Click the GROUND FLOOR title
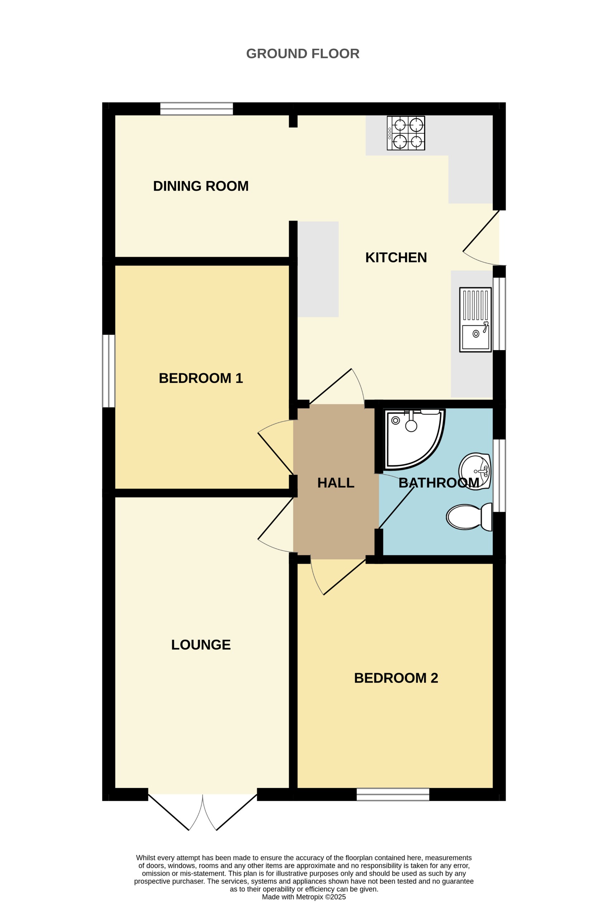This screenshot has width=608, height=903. tap(303, 53)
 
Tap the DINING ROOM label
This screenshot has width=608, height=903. tap(200, 186)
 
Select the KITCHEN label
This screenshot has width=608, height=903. tap(396, 257)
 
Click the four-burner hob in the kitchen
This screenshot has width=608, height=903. tap(405, 133)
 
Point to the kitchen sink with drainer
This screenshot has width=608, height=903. tap(475, 320)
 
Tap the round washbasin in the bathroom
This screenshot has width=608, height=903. tap(475, 471)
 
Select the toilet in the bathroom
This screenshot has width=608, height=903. tap(469, 517)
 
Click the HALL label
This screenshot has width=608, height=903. tap(336, 483)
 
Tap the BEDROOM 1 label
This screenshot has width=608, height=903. tap(200, 378)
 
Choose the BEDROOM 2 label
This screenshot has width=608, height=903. tap(396, 678)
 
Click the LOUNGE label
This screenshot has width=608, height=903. tap(200, 645)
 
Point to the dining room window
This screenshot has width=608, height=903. tap(196, 109)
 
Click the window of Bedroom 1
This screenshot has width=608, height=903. tap(109, 371)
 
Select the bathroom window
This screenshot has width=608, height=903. tap(499, 476)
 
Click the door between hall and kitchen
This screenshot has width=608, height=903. tap(337, 388)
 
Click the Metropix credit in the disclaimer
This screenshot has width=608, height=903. tap(304, 897)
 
